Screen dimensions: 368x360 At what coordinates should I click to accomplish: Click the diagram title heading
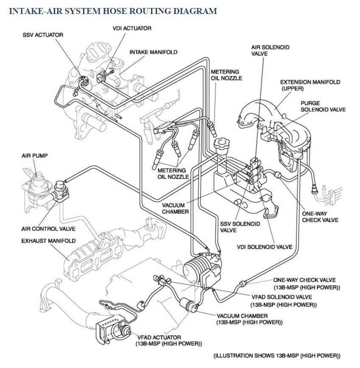pyautogui.click(x=113, y=11)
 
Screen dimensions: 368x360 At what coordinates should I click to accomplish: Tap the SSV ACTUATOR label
pyautogui.click(x=43, y=35)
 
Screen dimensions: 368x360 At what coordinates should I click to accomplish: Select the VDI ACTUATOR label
pyautogui.click(x=132, y=28)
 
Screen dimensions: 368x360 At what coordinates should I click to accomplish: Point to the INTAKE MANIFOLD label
pyautogui.click(x=153, y=52)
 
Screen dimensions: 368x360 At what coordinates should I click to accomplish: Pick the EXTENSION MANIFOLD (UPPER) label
pyautogui.click(x=310, y=85)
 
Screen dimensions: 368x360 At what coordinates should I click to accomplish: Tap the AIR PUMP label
pyautogui.click(x=35, y=156)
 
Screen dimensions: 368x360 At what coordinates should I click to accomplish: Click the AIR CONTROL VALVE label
pyautogui.click(x=48, y=229)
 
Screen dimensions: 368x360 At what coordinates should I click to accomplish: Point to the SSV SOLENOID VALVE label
pyautogui.click(x=234, y=227)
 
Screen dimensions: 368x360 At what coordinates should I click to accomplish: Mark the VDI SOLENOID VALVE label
pyautogui.click(x=264, y=247)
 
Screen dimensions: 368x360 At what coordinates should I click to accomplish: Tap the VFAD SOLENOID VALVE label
pyautogui.click(x=281, y=301)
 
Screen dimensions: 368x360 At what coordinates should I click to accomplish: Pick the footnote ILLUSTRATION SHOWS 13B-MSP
pyautogui.click(x=276, y=355)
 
